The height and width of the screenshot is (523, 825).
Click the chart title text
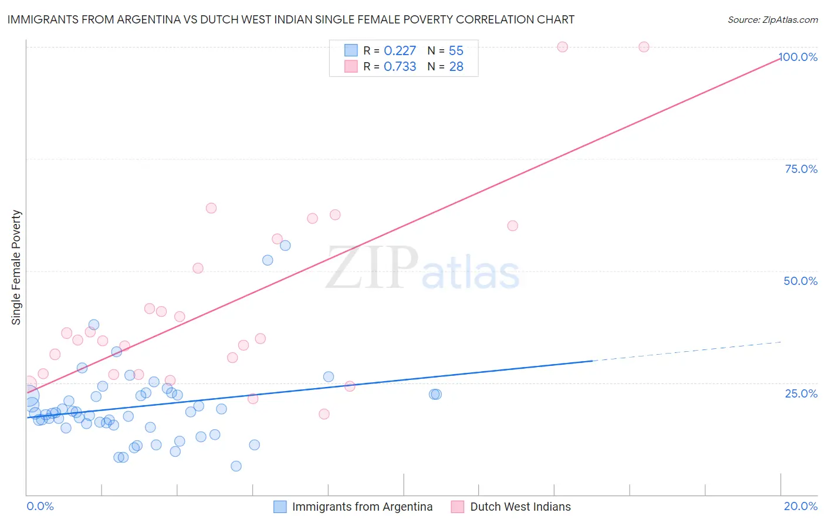pyautogui.click(x=291, y=19)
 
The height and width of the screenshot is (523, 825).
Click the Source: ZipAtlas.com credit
pyautogui.click(x=772, y=19)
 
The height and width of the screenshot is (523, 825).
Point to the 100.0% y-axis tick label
pyautogui.click(x=798, y=57)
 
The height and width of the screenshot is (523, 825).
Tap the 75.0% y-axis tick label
pyautogui.click(x=801, y=169)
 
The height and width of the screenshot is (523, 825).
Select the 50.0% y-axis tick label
pyautogui.click(x=800, y=281)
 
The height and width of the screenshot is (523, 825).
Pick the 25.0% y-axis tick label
pyautogui.click(x=801, y=393)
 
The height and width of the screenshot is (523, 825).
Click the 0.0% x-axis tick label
pyautogui.click(x=40, y=506)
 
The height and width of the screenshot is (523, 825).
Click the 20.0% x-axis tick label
pyautogui.click(x=800, y=506)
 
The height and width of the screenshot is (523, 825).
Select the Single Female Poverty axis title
pyautogui.click(x=16, y=267)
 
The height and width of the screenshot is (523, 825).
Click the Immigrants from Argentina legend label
pyautogui.click(x=362, y=507)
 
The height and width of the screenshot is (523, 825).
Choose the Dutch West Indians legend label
pyautogui.click(x=520, y=507)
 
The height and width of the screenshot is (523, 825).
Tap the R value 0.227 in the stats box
pyautogui.click(x=400, y=51)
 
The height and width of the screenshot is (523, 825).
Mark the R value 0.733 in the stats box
pyautogui.click(x=400, y=67)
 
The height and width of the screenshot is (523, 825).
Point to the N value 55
pyautogui.click(x=456, y=51)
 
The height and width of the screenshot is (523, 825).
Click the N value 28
pyautogui.click(x=456, y=67)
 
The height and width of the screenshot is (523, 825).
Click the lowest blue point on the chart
pyautogui.click(x=236, y=466)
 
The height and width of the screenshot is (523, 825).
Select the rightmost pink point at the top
pyautogui.click(x=644, y=47)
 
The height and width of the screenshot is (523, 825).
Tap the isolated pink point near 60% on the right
pyautogui.click(x=512, y=226)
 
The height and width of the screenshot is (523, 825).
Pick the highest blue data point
pyautogui.click(x=285, y=246)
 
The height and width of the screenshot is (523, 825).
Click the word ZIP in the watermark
pyautogui.click(x=371, y=269)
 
